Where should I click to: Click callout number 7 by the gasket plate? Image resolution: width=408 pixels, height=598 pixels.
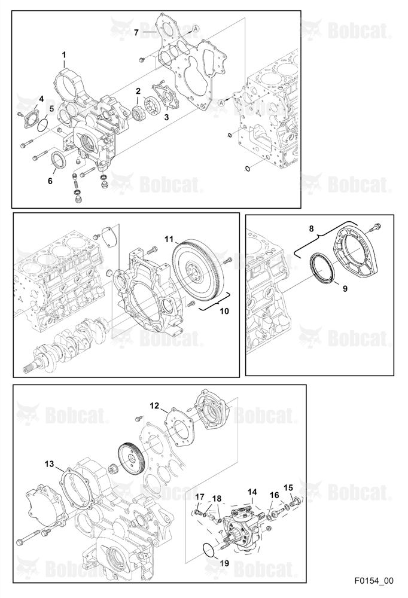pos(136,32)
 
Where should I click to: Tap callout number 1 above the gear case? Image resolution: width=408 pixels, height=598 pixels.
pos(64,55)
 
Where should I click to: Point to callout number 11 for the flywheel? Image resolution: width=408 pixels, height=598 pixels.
pos(169,240)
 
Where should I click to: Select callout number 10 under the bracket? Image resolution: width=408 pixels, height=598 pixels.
pos(224,311)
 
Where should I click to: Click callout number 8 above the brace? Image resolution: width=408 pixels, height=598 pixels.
pos(312,228)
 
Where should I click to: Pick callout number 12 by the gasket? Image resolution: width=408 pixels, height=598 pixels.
pos(154,406)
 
